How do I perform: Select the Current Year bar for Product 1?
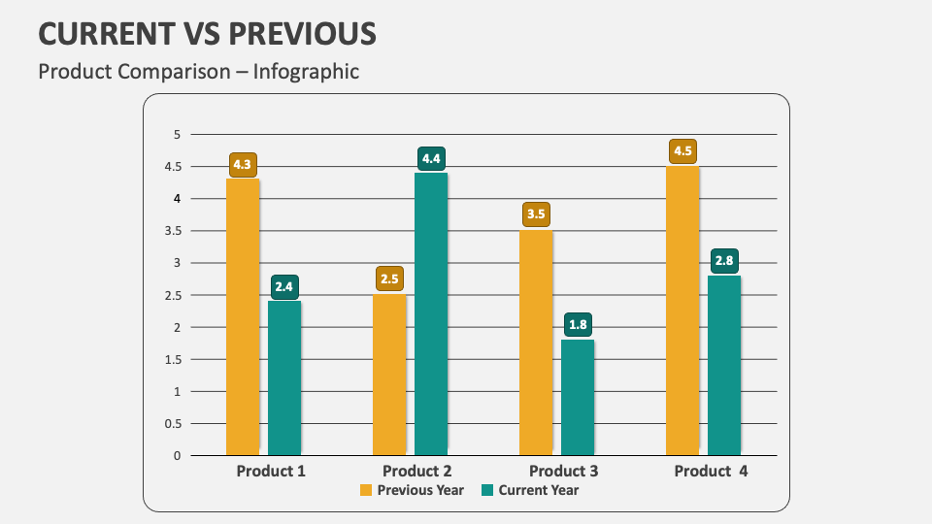point(284,377)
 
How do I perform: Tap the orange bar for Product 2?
point(389,375)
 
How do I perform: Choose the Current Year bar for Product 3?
point(578,397)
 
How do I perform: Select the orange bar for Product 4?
point(682,311)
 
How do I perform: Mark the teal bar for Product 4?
point(724,365)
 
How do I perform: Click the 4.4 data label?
point(431,158)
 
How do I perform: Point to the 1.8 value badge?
point(578,325)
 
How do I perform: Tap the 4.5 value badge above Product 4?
point(682,151)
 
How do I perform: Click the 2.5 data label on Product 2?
point(389,279)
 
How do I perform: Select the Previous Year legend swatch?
point(366,490)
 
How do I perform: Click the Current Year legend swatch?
point(487,490)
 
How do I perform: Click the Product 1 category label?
point(271,472)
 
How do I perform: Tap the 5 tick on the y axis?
point(178,134)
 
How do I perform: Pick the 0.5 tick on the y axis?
point(174,423)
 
